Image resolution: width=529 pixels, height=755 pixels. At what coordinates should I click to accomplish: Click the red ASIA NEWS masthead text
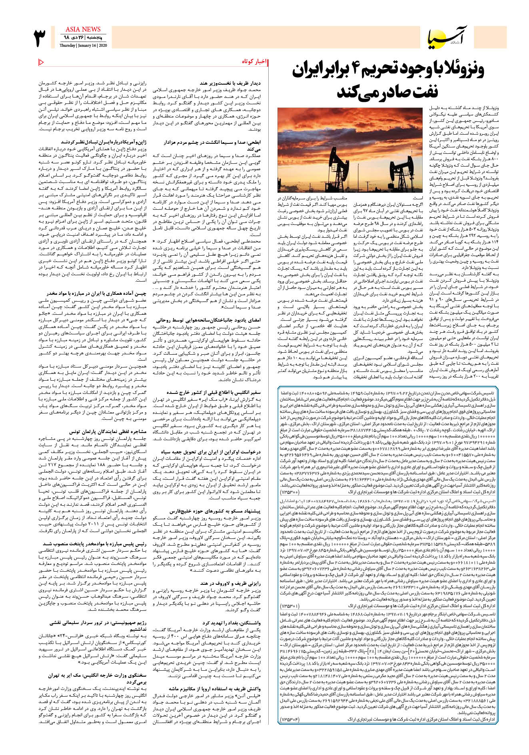click(83, 29)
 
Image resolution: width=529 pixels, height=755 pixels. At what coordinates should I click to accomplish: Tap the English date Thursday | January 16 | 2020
click(83, 46)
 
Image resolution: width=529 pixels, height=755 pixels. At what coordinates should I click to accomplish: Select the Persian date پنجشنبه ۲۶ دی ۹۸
click(83, 38)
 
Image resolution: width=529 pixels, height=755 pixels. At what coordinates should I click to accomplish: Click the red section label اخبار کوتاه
click(254, 62)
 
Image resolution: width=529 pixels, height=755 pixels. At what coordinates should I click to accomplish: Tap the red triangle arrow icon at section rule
click(41, 62)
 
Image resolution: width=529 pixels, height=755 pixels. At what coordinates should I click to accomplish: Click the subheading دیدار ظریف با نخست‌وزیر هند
click(230, 83)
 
